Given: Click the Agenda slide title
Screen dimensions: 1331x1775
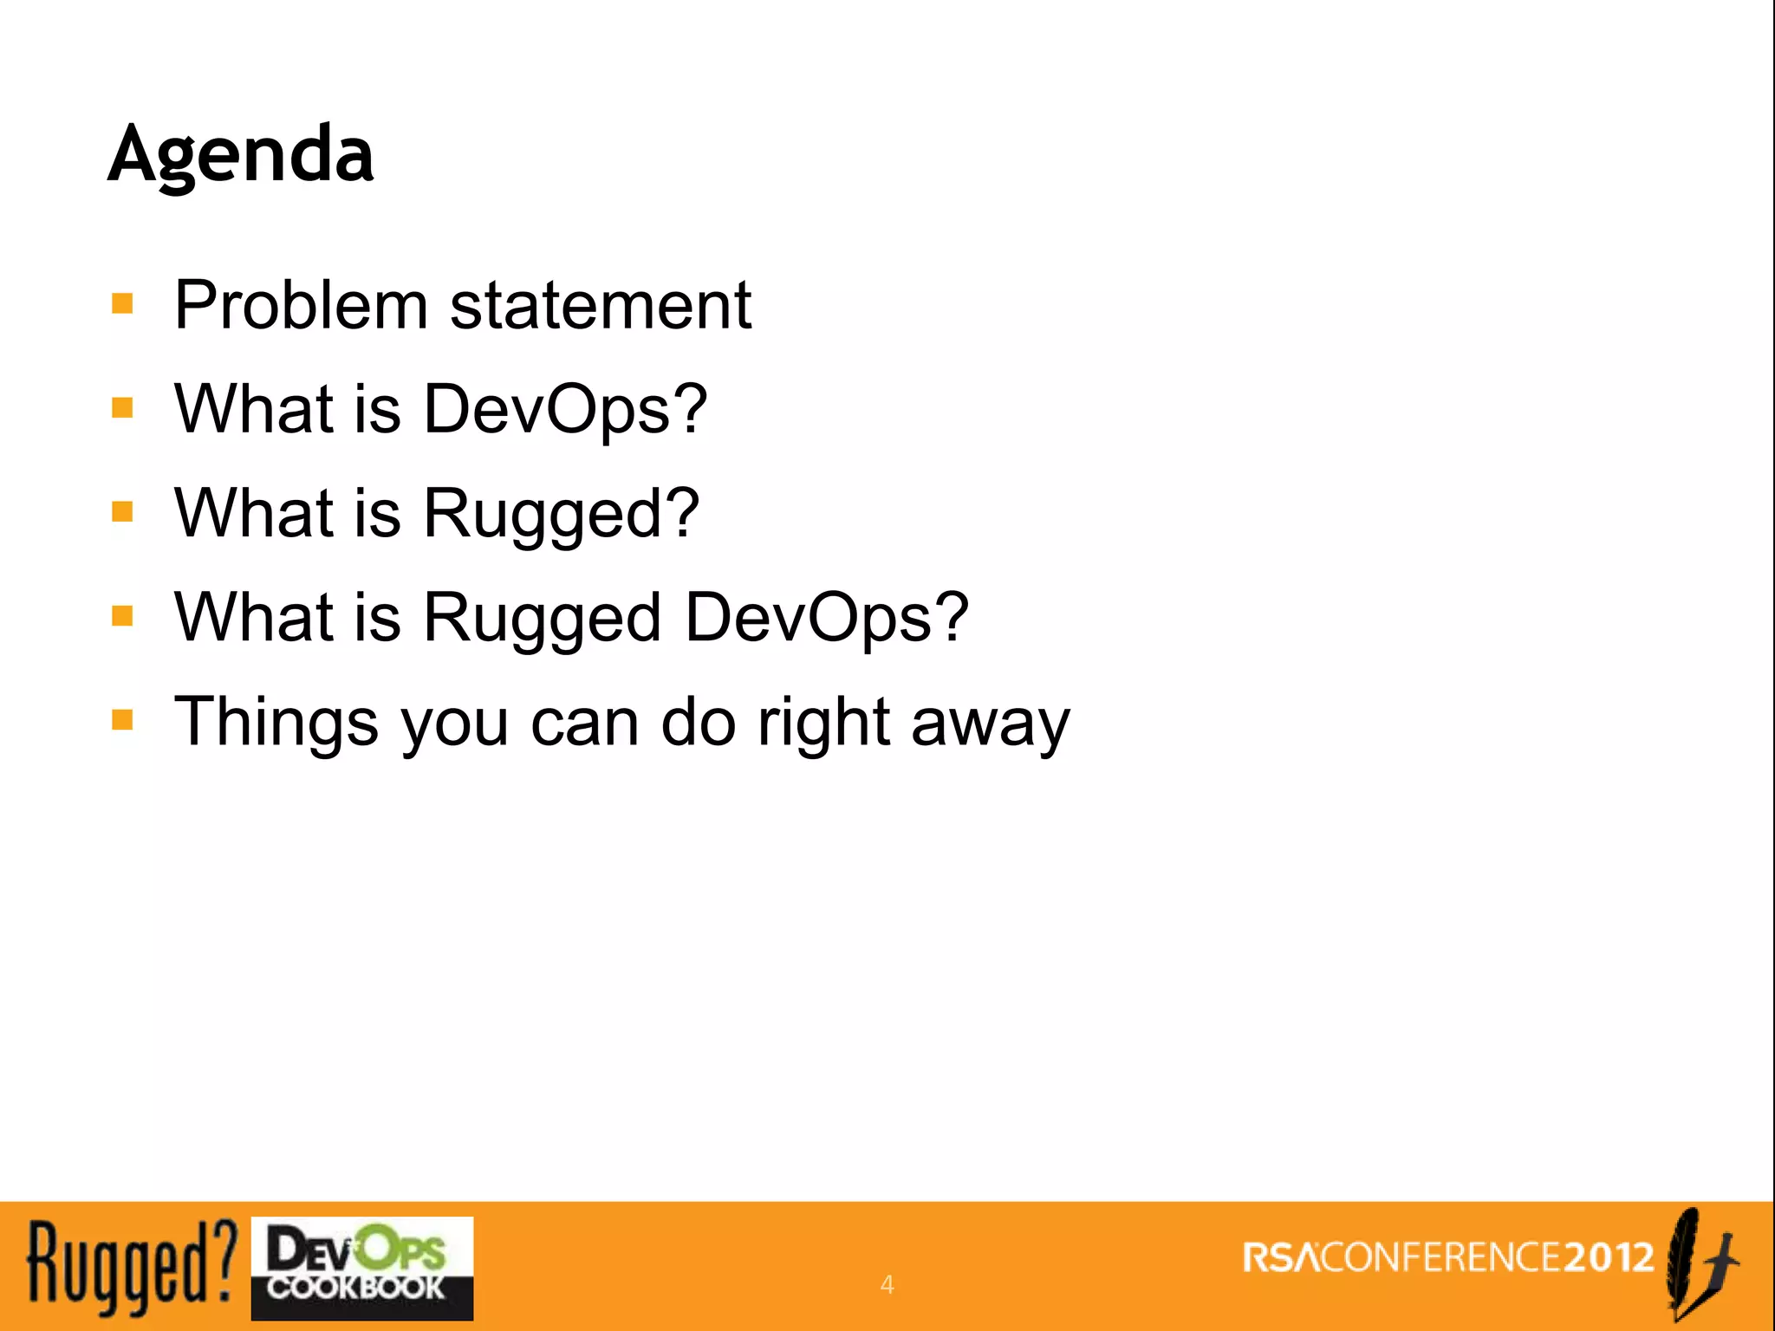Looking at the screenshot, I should [x=241, y=153].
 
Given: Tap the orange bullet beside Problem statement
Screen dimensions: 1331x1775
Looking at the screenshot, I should [x=122, y=304].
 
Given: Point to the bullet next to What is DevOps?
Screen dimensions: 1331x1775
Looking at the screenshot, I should [x=122, y=408].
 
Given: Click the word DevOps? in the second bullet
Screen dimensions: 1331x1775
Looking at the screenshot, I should [x=565, y=409].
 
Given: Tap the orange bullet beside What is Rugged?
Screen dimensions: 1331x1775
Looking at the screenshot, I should [x=122, y=512].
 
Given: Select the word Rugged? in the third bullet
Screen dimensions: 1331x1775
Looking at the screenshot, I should [x=561, y=514].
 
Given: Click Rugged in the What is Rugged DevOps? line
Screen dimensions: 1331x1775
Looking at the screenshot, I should [x=543, y=618].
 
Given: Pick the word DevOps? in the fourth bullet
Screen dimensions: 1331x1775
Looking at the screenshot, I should [x=827, y=618].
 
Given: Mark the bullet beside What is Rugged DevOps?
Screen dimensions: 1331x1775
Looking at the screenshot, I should [x=122, y=616].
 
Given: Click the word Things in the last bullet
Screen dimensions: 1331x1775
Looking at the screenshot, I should [x=276, y=722].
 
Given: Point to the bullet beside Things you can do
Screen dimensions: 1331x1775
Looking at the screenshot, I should [x=122, y=720].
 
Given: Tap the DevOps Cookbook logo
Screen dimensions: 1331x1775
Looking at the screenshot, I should [x=362, y=1268].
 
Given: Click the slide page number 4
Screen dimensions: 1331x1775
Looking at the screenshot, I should [x=887, y=1284].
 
